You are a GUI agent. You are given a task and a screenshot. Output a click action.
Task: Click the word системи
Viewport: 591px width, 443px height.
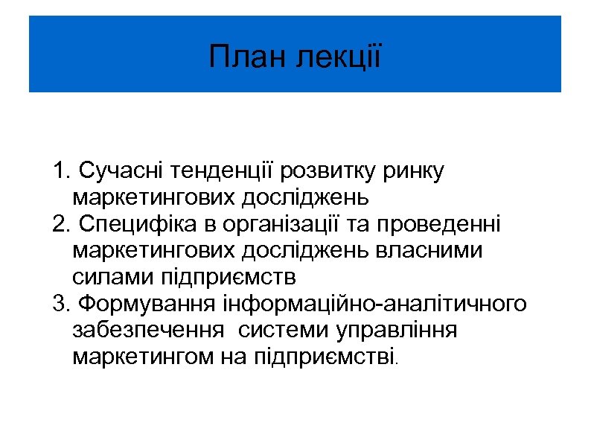click(x=286, y=331)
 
